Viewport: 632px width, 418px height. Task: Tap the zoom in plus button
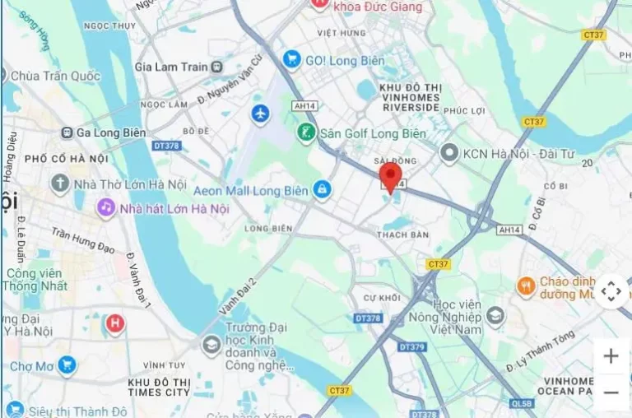pyautogui.click(x=611, y=356)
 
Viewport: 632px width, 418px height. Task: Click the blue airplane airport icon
pyautogui.click(x=260, y=114)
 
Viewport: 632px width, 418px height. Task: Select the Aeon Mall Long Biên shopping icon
pyautogui.click(x=323, y=191)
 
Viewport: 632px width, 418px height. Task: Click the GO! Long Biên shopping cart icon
pyautogui.click(x=290, y=59)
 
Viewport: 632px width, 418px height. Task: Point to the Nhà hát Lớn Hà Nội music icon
pyautogui.click(x=106, y=207)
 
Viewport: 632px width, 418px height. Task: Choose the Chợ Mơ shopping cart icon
pyautogui.click(x=67, y=365)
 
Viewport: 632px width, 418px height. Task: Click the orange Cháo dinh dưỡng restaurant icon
pyautogui.click(x=527, y=286)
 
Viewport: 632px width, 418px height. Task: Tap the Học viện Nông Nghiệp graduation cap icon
pyautogui.click(x=495, y=315)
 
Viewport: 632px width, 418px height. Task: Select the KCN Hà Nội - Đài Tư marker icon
pyautogui.click(x=448, y=152)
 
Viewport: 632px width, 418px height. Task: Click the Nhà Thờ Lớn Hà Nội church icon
pyautogui.click(x=60, y=183)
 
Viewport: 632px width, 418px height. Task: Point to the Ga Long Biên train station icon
pyautogui.click(x=64, y=132)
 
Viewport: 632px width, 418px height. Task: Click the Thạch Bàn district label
pyautogui.click(x=402, y=235)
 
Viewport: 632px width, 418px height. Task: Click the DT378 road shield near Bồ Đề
pyautogui.click(x=166, y=146)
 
